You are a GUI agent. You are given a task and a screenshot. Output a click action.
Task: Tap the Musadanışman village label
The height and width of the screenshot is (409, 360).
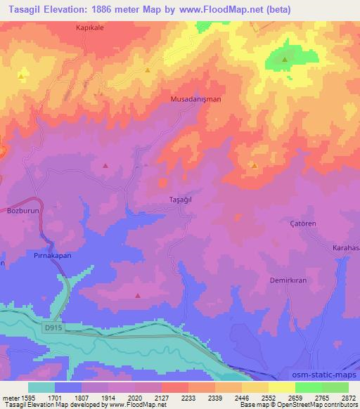[196, 99]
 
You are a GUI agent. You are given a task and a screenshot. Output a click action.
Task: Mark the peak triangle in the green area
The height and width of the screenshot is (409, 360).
[285, 60]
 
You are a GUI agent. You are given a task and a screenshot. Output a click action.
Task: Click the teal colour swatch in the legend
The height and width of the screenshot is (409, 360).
[41, 387]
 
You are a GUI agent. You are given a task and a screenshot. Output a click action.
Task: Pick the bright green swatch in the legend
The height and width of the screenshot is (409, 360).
[309, 387]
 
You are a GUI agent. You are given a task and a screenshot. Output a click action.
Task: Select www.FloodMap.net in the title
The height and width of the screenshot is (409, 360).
[218, 10]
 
